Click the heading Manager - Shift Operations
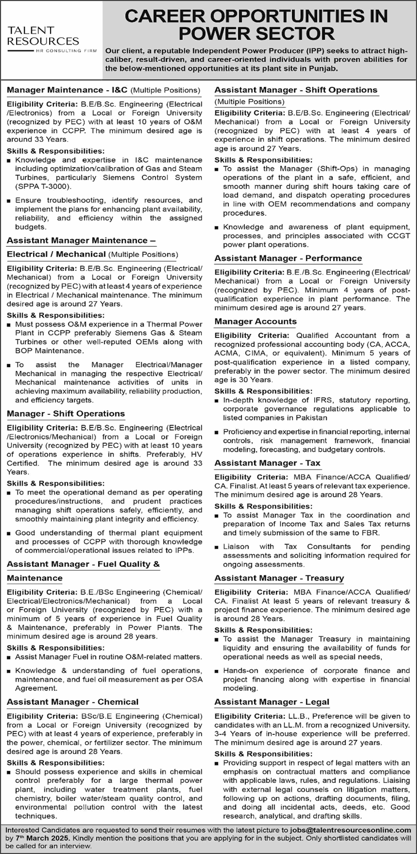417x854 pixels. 66,413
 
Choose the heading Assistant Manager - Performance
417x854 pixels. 288,258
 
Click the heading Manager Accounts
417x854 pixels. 255,321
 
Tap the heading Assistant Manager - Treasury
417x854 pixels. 279,578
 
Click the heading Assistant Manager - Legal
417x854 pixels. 272,702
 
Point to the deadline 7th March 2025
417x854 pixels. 43,837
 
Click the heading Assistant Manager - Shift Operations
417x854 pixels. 296,90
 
